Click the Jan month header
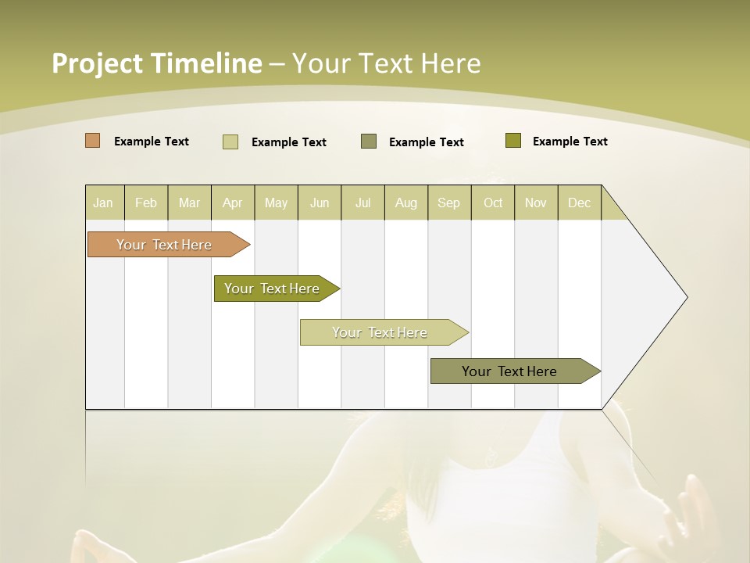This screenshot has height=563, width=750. tap(103, 203)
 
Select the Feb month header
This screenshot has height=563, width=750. tap(146, 203)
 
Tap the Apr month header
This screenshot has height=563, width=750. tap(232, 203)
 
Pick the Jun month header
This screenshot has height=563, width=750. tap(320, 203)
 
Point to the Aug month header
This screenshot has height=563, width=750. tap(405, 203)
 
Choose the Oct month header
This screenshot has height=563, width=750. tap(493, 203)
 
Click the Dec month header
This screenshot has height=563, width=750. tap(579, 203)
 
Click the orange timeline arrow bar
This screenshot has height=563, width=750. tap(164, 245)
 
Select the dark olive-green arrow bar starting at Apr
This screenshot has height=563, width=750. tap(272, 289)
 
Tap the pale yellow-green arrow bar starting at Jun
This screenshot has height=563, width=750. tap(380, 332)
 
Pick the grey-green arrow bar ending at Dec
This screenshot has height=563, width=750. tap(509, 371)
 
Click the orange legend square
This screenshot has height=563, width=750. tap(92, 141)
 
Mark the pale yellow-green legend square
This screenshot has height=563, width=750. tap(230, 142)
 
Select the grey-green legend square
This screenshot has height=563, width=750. tap(369, 142)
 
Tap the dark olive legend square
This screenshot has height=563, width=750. tap(513, 141)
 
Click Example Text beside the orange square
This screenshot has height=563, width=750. tap(152, 142)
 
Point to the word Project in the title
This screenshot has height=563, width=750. tap(97, 63)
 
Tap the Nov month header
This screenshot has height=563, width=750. tap(536, 203)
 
